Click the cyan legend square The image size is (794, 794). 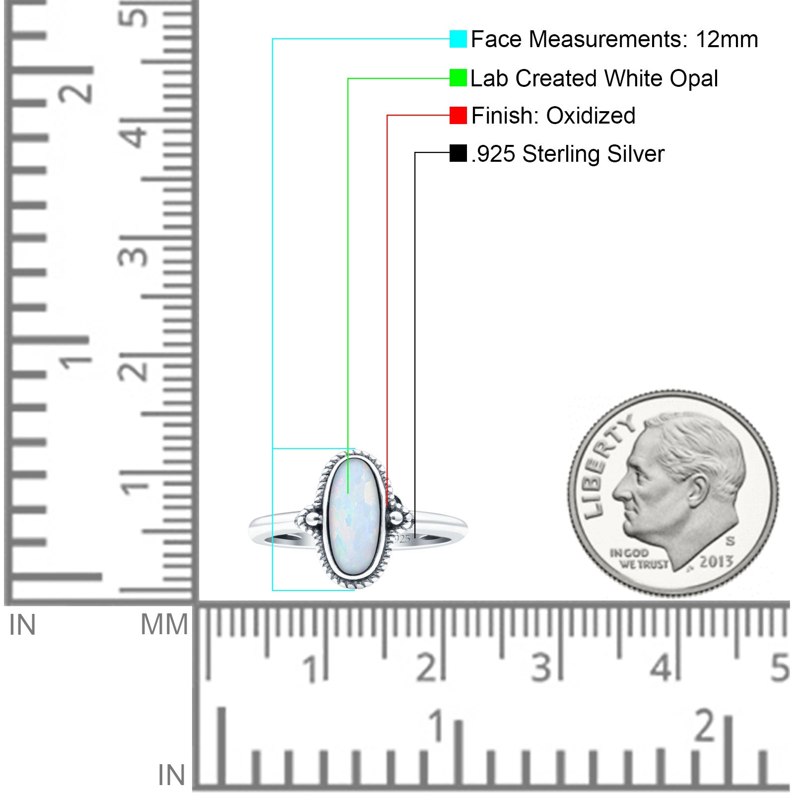[458, 39]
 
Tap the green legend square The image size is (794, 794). [458, 78]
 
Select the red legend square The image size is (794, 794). [458, 115]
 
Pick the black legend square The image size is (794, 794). [458, 153]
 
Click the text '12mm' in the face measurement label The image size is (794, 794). [727, 39]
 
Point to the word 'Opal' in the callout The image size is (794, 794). [694, 79]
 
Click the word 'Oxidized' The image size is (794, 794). [591, 116]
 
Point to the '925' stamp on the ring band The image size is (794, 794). [401, 539]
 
